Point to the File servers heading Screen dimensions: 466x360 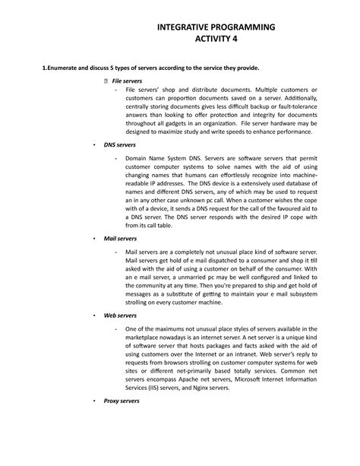[127, 80]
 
